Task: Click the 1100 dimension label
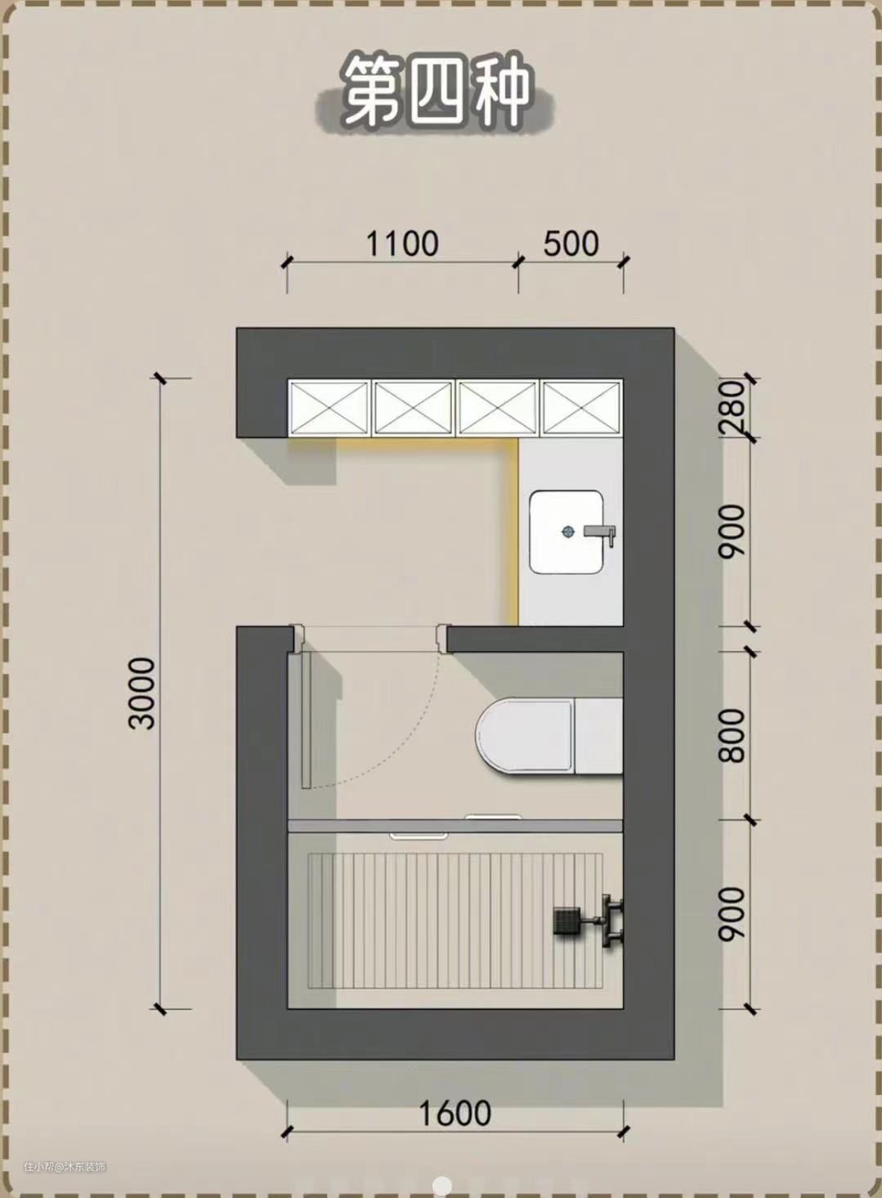[402, 244]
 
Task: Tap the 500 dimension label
[571, 244]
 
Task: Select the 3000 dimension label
[142, 693]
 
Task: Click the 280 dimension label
[732, 407]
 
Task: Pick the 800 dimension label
[732, 736]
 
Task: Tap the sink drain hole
[567, 531]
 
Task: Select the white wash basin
[566, 532]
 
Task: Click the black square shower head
[566, 921]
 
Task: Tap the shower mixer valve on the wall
[612, 920]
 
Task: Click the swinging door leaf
[306, 720]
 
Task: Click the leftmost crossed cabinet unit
[329, 407]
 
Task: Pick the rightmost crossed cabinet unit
[583, 407]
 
